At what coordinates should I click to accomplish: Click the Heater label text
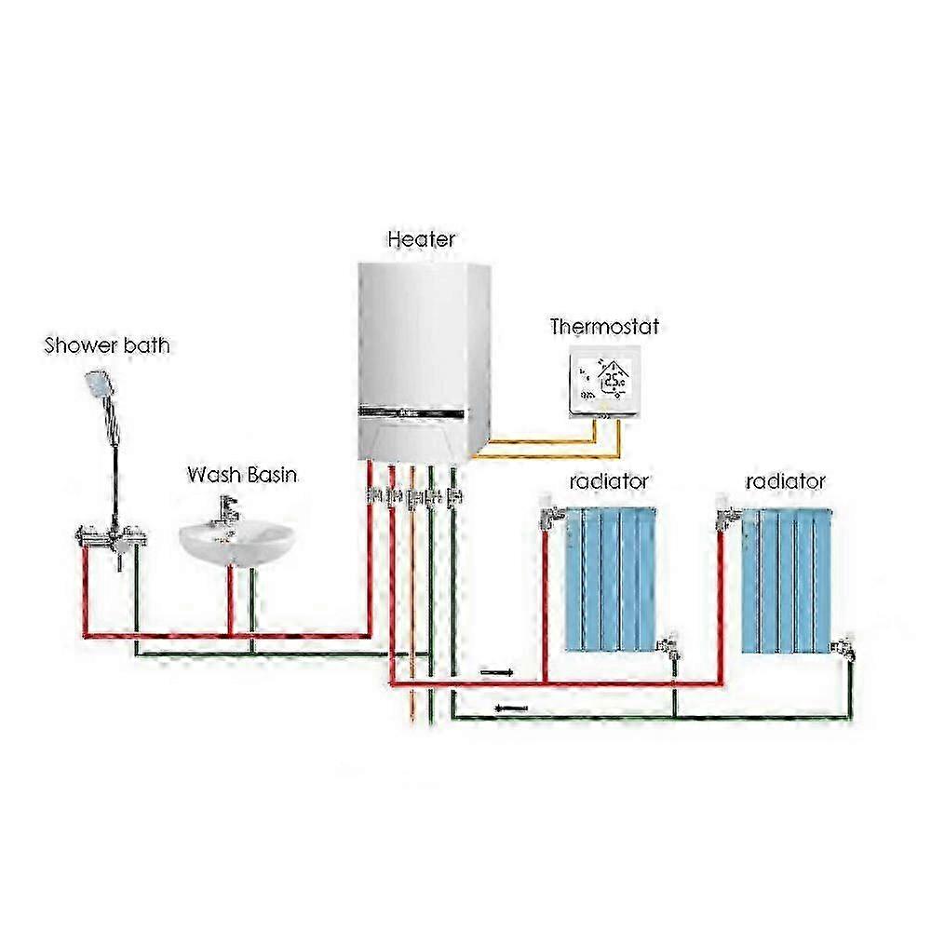pyautogui.click(x=421, y=239)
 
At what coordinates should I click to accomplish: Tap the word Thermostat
pyautogui.click(x=604, y=327)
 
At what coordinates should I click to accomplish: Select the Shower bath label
pyautogui.click(x=108, y=346)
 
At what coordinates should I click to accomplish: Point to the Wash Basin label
pyautogui.click(x=242, y=475)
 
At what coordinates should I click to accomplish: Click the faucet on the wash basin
pyautogui.click(x=226, y=509)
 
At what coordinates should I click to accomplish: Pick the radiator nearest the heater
pyautogui.click(x=611, y=577)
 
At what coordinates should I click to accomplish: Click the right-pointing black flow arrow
pyautogui.click(x=494, y=669)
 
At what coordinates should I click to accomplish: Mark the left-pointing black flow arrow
pyautogui.click(x=510, y=708)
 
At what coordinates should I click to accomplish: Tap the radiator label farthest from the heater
pyautogui.click(x=785, y=481)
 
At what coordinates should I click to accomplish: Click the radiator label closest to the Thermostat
pyautogui.click(x=609, y=481)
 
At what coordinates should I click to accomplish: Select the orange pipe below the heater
pyautogui.click(x=412, y=652)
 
